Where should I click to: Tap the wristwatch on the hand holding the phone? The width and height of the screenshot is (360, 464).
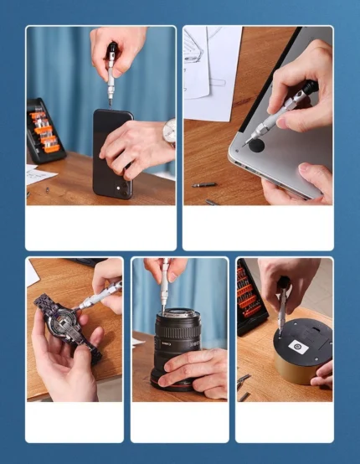[169, 131]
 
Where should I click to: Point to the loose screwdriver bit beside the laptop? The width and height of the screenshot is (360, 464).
[203, 185]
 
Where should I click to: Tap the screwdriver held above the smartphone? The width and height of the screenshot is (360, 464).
[111, 75]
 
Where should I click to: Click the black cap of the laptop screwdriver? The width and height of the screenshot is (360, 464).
[307, 85]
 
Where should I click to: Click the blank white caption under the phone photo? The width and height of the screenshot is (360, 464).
[100, 227]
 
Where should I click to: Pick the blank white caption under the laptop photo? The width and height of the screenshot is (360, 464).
[258, 227]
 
